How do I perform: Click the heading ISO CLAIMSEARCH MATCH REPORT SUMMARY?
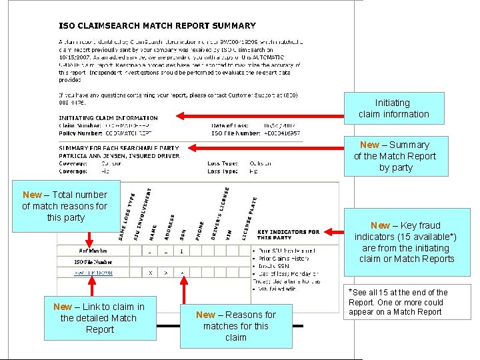coord(157,26)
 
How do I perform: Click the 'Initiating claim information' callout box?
coord(393,109)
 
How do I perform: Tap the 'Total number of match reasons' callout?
coord(64,206)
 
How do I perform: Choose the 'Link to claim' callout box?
coord(100,318)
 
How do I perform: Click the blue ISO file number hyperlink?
coord(93,273)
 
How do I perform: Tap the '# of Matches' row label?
coord(92,251)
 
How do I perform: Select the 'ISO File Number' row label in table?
coord(93,262)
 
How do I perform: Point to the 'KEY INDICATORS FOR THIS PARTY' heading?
coord(288,235)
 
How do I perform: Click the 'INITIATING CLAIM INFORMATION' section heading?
coord(108,118)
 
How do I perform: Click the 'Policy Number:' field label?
coord(79,133)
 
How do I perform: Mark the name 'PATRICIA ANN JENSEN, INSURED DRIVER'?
coord(119,155)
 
